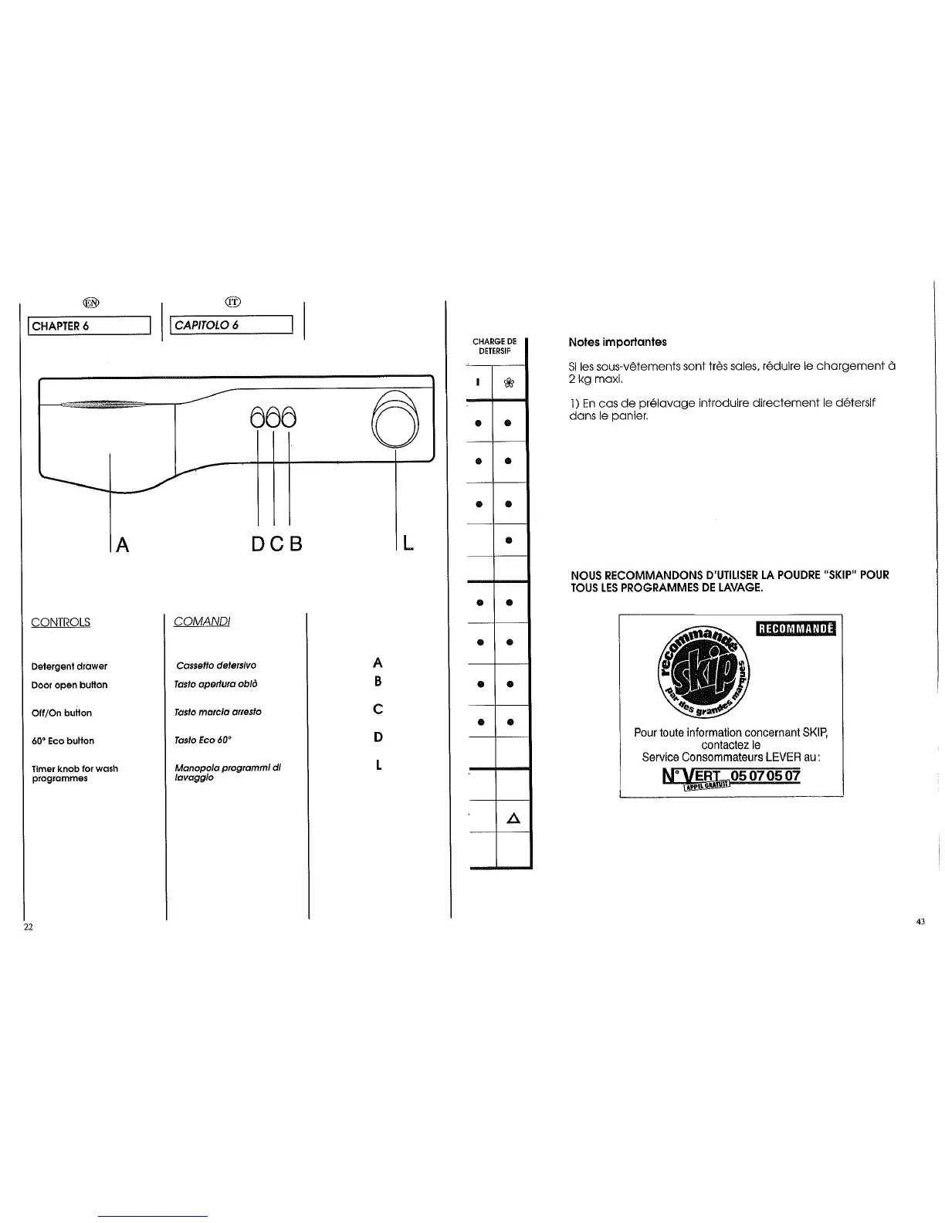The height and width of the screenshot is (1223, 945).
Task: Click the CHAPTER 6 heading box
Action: [x=89, y=325]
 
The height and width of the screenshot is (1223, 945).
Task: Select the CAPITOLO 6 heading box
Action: [x=232, y=325]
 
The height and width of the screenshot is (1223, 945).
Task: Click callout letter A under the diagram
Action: [x=121, y=544]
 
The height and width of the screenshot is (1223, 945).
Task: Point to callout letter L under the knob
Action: [x=407, y=544]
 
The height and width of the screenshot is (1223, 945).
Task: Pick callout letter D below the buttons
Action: [x=259, y=544]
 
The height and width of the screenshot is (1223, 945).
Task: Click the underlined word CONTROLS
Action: [x=60, y=622]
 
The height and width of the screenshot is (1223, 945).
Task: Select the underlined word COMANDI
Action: [x=202, y=622]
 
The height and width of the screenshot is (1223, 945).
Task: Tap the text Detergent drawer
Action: [x=69, y=666]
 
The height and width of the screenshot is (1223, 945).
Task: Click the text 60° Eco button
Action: [x=63, y=741]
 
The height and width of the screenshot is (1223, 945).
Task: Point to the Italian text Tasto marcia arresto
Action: [x=218, y=712]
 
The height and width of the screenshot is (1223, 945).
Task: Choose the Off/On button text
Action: [x=62, y=713]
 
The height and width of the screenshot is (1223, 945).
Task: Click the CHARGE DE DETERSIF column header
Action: [x=494, y=346]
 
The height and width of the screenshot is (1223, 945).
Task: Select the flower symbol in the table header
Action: [x=509, y=381]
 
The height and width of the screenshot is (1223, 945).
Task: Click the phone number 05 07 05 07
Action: [x=762, y=775]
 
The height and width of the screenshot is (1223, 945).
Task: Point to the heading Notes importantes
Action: [x=618, y=342]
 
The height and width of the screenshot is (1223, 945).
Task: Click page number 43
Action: [x=921, y=921]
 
